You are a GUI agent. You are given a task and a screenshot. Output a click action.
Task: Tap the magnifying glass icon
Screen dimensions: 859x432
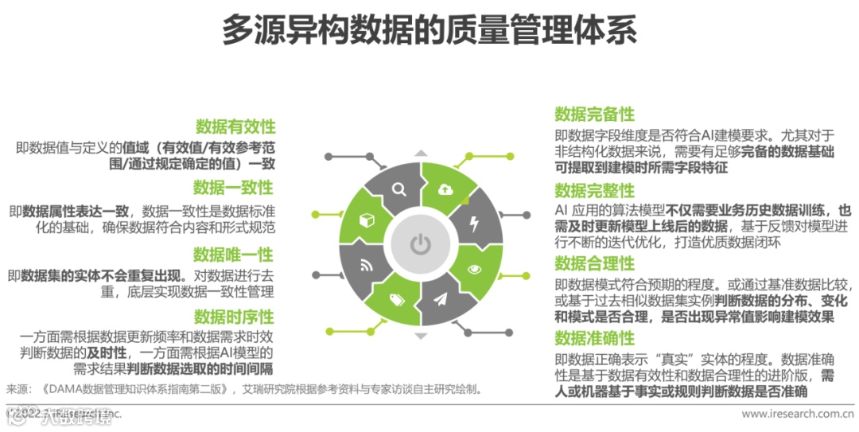398,189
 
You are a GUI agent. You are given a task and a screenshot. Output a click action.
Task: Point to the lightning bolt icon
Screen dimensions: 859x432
476,222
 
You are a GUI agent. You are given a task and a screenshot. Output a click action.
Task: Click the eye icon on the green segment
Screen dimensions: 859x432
476,268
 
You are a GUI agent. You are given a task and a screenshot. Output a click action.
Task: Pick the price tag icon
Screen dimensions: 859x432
398,300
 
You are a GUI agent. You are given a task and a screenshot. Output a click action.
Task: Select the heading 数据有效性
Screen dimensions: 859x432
235,126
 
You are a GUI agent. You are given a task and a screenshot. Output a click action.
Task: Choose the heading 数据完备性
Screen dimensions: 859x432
594,114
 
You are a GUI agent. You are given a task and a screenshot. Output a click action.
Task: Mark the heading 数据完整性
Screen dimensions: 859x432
594,190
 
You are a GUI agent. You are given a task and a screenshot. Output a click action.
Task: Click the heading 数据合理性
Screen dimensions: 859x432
594,263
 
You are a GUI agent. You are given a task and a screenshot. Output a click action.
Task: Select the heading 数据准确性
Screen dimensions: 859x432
594,337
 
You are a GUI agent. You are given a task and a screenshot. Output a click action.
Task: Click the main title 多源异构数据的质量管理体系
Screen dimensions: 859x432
429,31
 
